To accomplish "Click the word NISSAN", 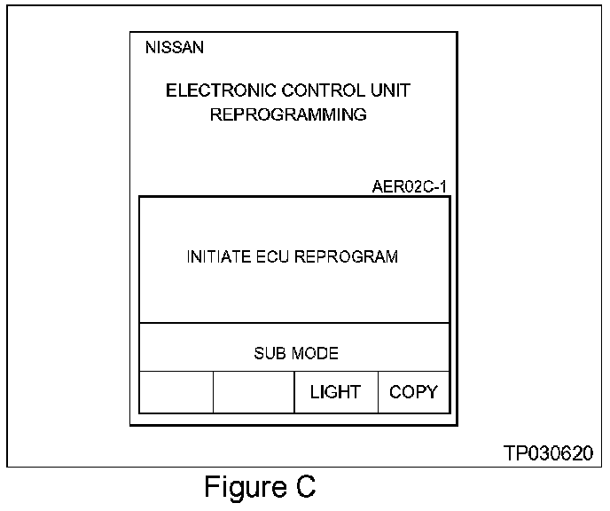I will (174, 48).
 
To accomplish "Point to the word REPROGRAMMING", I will (288, 114).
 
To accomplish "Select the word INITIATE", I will (215, 257).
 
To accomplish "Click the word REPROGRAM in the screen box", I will (347, 257).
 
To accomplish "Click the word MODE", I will (315, 353).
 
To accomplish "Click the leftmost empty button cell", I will (176, 392).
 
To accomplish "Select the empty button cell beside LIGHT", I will (254, 392).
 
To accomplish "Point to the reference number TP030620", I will (547, 453).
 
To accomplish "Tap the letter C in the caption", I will (305, 488).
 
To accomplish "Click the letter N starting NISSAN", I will (150, 48).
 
